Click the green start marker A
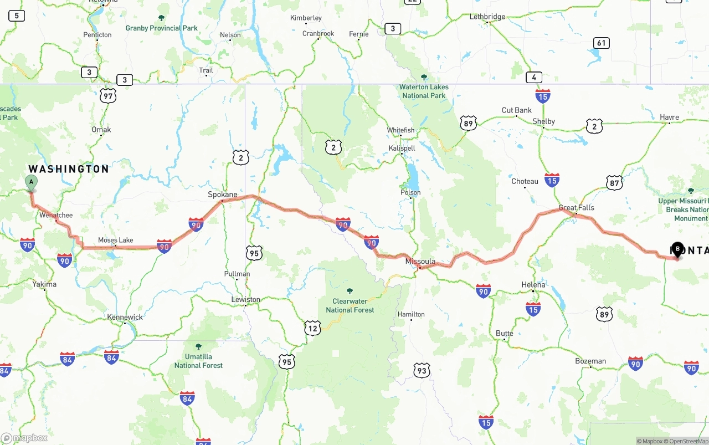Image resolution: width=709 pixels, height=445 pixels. [31, 182]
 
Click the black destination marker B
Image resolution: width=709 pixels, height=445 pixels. [677, 249]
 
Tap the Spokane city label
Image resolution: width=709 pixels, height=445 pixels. [222, 195]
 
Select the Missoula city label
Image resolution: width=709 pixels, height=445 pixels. [420, 261]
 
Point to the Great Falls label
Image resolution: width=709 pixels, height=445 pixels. [576, 208]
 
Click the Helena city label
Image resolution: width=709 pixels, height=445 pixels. [533, 284]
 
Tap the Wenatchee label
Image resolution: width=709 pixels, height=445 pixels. [56, 215]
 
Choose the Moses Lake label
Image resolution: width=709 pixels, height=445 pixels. [115, 240]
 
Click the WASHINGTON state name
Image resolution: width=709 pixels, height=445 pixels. [69, 169]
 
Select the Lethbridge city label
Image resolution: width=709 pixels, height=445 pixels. [487, 17]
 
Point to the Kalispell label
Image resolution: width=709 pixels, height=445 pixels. [402, 148]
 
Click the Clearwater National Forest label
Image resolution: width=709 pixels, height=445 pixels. [350, 305]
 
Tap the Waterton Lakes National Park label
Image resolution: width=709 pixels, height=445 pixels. [424, 91]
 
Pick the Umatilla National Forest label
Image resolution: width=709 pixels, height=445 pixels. [198, 361]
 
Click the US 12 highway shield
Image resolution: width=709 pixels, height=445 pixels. [312, 328]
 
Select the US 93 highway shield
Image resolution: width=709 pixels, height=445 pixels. [422, 370]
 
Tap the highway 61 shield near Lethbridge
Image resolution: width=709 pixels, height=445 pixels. [601, 43]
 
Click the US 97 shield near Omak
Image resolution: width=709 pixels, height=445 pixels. [109, 96]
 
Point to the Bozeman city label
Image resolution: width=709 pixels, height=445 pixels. [590, 361]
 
